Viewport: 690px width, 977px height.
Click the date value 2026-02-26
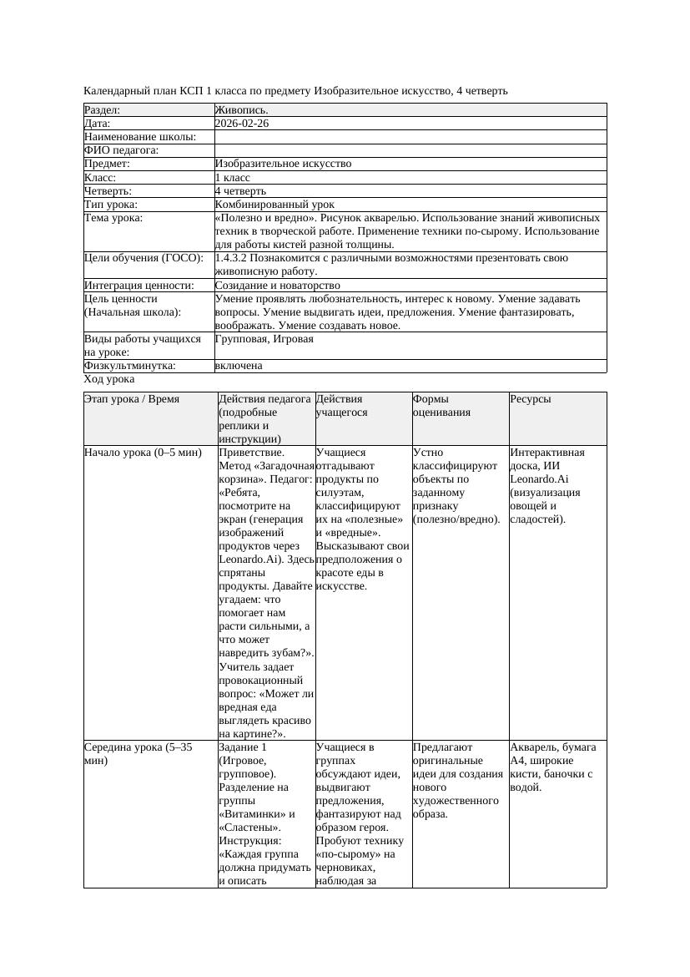(x=241, y=124)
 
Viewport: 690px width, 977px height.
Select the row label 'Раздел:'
(x=103, y=110)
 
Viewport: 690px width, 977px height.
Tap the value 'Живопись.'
(x=241, y=110)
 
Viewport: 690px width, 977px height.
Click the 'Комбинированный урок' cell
(x=274, y=205)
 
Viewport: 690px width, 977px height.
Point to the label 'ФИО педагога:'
(x=122, y=150)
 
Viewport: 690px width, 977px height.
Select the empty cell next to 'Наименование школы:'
(x=409, y=137)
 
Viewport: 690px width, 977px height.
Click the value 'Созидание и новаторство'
(x=277, y=286)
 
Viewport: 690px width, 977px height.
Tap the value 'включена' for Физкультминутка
(x=238, y=366)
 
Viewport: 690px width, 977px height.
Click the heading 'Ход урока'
(x=109, y=379)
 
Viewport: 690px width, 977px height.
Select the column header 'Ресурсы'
(x=531, y=399)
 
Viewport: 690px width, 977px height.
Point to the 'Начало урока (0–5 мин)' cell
(x=142, y=453)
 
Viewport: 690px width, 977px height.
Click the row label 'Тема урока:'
(x=113, y=218)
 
